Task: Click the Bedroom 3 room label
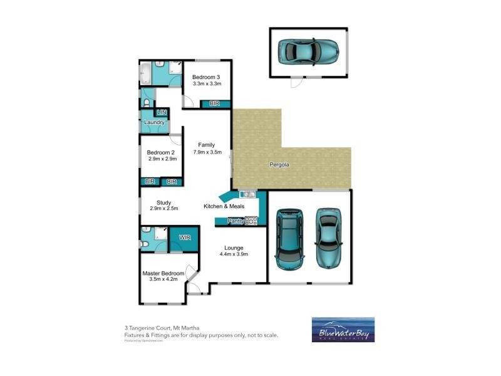click(x=207, y=76)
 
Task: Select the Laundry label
click(x=154, y=122)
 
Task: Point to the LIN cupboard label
click(x=162, y=112)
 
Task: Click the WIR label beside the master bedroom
click(x=184, y=238)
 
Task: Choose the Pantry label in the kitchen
click(x=235, y=221)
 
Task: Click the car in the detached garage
click(x=308, y=52)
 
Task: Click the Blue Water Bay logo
click(x=343, y=330)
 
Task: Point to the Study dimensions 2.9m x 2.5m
click(x=164, y=209)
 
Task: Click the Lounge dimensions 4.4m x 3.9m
click(x=234, y=254)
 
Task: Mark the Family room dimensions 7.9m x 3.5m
click(x=207, y=152)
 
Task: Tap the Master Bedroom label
click(x=163, y=273)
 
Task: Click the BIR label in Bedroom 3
click(x=215, y=103)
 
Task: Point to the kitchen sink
click(x=245, y=195)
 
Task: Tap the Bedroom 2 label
click(x=161, y=152)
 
